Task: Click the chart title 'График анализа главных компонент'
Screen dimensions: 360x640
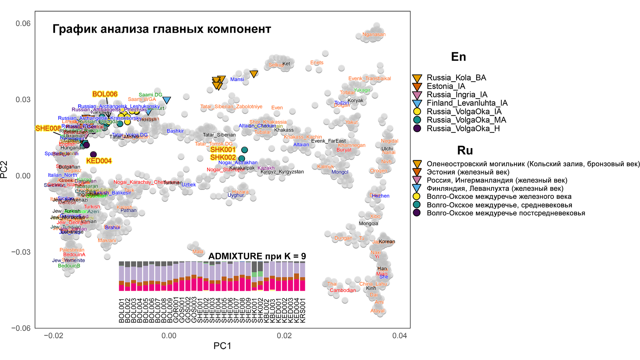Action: (x=162, y=29)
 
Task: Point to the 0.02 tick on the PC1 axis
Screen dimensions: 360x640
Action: (x=284, y=336)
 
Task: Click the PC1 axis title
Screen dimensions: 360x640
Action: (x=222, y=346)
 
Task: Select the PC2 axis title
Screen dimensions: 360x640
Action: (x=4, y=170)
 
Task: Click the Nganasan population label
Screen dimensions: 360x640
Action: (x=374, y=34)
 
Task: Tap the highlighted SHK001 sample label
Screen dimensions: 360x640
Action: (x=223, y=150)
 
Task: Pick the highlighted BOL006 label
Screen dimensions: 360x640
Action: (x=105, y=94)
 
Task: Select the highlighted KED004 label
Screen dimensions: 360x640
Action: (x=99, y=161)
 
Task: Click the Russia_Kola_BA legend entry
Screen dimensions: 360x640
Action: (x=456, y=78)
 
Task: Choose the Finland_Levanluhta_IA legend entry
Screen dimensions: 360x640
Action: (x=467, y=103)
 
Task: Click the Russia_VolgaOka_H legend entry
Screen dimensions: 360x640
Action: (x=463, y=128)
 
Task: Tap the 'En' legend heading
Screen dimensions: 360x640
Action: (x=458, y=57)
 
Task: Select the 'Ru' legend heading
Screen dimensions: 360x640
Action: (x=465, y=151)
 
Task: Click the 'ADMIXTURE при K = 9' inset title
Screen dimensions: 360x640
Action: (x=257, y=256)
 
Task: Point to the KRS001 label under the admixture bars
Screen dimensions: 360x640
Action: (x=302, y=310)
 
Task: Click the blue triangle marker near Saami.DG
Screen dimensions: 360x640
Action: (x=167, y=100)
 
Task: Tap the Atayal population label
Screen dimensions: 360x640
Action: (x=377, y=311)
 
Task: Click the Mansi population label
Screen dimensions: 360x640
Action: (x=237, y=79)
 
